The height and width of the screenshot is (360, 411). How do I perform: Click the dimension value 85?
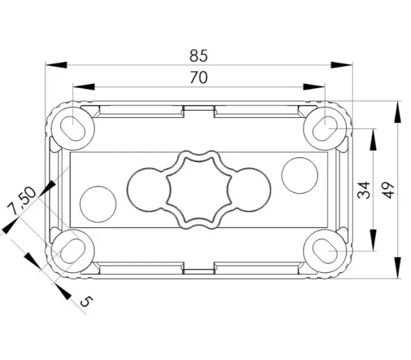[x=199, y=56]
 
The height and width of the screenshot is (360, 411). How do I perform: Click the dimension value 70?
[x=199, y=77]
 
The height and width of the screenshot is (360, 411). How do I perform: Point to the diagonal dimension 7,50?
[x=22, y=200]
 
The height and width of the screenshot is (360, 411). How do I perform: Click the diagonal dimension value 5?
[x=86, y=301]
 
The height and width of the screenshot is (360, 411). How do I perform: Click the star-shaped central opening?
[x=199, y=189]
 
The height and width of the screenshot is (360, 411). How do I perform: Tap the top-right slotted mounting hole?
[x=325, y=127]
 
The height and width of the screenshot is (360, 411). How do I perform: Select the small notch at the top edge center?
[x=199, y=110]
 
